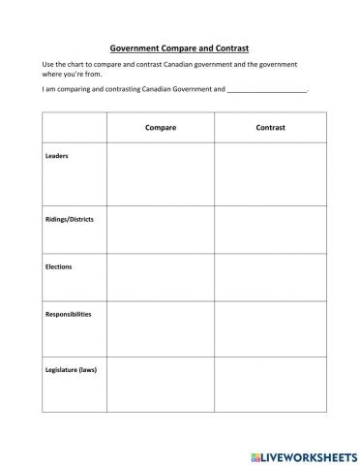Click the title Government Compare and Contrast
tap(180, 46)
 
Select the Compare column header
tap(160, 128)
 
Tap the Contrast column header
tap(270, 128)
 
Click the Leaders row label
tap(57, 156)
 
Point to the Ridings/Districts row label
tap(70, 220)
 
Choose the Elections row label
tap(59, 266)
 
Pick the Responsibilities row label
tap(69, 314)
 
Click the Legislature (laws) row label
tap(71, 369)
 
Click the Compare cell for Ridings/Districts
tap(160, 230)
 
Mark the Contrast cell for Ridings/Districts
tap(270, 230)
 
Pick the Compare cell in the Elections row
tap(160, 278)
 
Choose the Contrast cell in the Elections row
tap(270, 278)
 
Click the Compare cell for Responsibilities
tap(160, 329)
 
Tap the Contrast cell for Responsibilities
tap(270, 329)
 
